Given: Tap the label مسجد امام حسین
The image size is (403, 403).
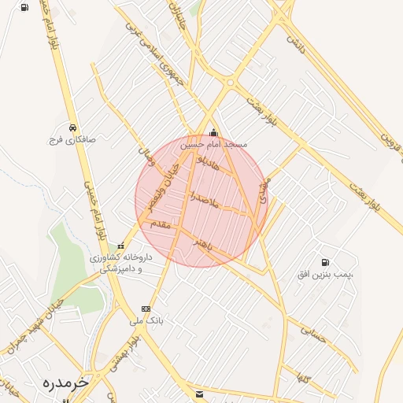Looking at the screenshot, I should tap(213, 145).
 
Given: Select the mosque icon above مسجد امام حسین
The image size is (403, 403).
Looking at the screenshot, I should tap(213, 133).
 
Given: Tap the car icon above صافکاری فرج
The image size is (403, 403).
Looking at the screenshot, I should tap(72, 127).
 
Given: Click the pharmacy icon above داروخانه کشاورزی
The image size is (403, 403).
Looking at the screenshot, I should tap(120, 246).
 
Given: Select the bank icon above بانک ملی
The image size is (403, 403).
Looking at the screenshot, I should tap(146, 309).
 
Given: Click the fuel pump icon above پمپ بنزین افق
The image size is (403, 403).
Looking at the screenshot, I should tap(325, 262).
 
